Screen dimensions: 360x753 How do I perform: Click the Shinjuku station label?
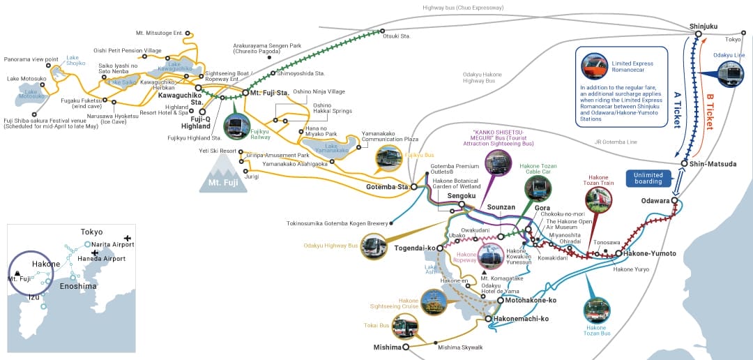pyautogui.click(x=703, y=26)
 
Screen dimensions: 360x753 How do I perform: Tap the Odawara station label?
pyautogui.click(x=655, y=201)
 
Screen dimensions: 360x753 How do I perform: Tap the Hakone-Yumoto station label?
pyautogui.click(x=650, y=253)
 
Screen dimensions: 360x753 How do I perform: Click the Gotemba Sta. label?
pyautogui.click(x=387, y=187)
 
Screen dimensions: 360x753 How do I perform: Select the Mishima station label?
pyautogui.click(x=388, y=347)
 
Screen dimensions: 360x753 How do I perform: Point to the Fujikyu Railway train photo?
pyautogui.click(x=237, y=127)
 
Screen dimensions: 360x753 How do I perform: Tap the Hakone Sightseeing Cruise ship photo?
pyautogui.click(x=433, y=301)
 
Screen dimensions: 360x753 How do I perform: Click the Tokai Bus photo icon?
pyautogui.click(x=404, y=327)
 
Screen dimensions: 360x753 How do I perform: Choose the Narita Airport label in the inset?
pyautogui.click(x=109, y=244)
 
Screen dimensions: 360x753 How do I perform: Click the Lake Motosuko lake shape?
pyautogui.click(x=33, y=93)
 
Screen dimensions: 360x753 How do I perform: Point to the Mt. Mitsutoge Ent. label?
pyautogui.click(x=159, y=33)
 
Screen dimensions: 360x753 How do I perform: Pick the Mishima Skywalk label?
pyautogui.click(x=460, y=347)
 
